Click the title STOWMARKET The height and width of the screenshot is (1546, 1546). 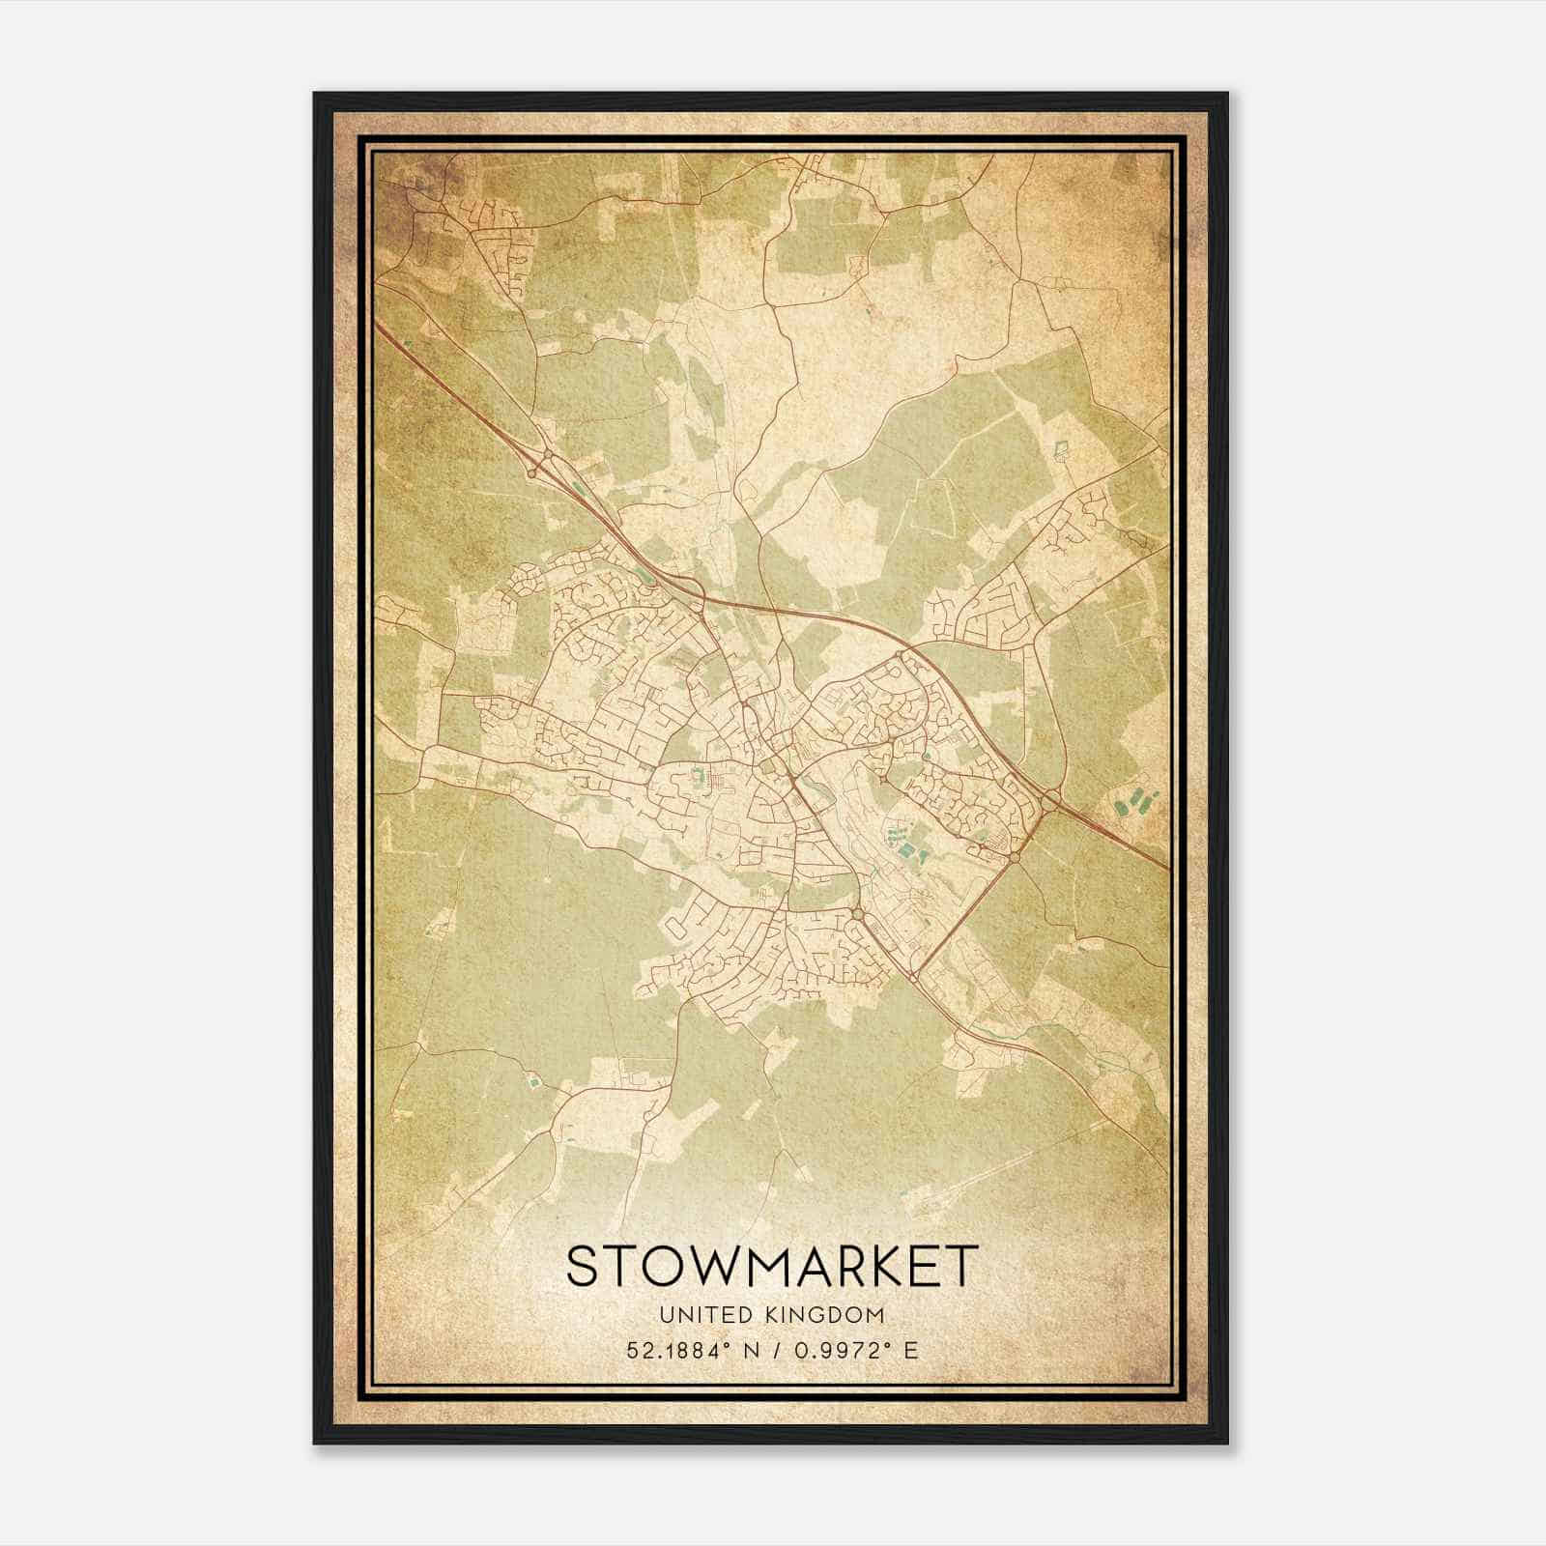click(772, 1267)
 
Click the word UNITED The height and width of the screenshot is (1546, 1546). click(702, 1315)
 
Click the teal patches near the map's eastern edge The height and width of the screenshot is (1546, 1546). click(1131, 802)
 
